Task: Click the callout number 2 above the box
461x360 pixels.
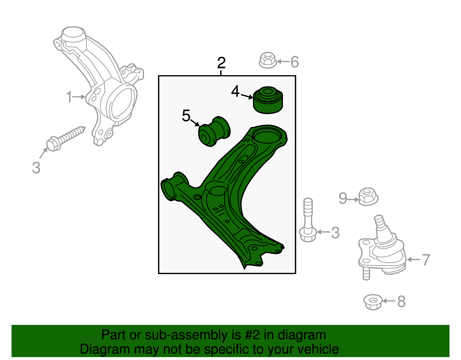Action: [x=221, y=63]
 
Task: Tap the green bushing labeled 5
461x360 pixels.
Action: [x=214, y=132]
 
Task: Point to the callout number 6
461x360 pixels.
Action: [x=294, y=62]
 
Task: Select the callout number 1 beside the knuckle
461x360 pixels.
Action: [x=69, y=97]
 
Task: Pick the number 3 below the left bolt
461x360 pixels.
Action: [x=36, y=168]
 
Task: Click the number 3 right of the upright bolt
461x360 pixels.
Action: [x=335, y=233]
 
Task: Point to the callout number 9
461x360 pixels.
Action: [x=343, y=198]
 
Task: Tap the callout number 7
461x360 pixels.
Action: [x=426, y=260]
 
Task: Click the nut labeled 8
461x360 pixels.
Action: [x=373, y=302]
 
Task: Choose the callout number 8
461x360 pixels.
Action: [x=401, y=302]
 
